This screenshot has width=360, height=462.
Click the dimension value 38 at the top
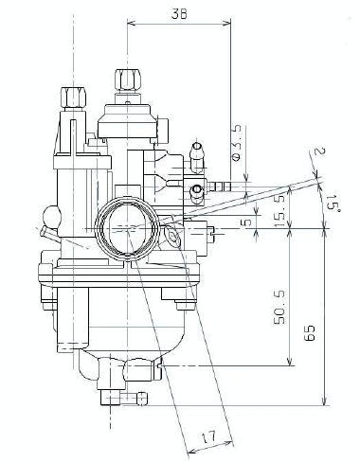[x=179, y=14]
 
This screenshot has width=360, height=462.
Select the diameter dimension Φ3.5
[x=237, y=143]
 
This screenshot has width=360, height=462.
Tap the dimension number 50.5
[x=279, y=309]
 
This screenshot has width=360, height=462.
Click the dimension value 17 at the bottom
[x=208, y=437]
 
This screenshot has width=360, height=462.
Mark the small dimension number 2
[x=319, y=151]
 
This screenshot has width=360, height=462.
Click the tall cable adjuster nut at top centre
[x=128, y=80]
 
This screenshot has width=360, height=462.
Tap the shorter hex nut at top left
[x=73, y=98]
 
